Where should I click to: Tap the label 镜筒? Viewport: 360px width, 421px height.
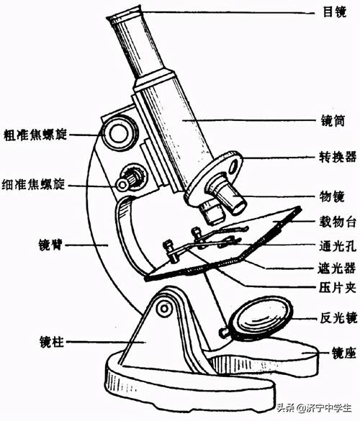333,121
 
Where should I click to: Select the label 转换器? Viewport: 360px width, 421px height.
338,157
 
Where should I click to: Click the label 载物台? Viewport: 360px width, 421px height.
338,222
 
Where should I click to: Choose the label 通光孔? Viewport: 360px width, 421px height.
338,245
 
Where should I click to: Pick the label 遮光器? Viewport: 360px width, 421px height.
337,268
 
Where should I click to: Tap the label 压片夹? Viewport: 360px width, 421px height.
338,288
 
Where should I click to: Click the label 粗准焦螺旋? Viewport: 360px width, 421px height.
35,135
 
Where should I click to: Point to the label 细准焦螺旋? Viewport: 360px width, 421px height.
33,185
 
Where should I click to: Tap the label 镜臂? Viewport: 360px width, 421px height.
51,245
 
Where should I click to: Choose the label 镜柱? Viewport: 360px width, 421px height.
52,342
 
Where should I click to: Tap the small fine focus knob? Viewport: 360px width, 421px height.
131,179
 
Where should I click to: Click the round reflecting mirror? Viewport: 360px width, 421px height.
261,318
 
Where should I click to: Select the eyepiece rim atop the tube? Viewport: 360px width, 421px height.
124,14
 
